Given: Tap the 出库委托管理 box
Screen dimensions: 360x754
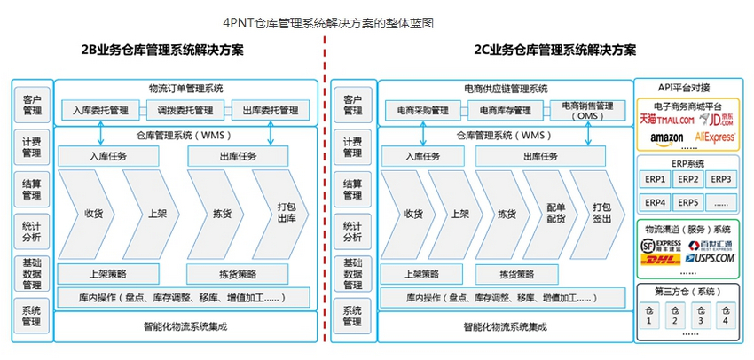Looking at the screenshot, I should (270, 111).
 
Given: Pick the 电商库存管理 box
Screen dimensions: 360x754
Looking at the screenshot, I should (506, 111).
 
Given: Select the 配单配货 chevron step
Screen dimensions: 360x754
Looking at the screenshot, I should (555, 214).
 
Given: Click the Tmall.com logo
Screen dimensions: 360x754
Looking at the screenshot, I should (665, 119).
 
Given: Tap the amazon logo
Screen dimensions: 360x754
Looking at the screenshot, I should (666, 138).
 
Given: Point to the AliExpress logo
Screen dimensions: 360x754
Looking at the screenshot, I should (715, 138).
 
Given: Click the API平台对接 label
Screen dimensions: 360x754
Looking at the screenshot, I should (683, 87).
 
